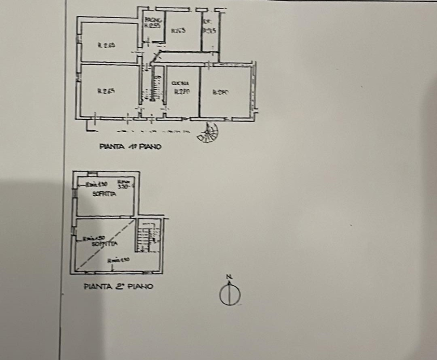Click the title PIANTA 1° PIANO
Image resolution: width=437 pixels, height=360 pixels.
tap(130, 147)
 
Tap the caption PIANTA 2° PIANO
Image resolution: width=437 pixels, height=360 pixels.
tap(118, 287)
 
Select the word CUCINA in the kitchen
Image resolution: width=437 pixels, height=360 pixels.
tap(179, 83)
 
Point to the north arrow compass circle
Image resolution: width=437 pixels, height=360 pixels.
tap(229, 295)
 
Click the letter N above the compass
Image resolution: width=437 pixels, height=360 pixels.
tap(229, 276)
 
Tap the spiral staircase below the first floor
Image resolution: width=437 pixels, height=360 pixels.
tap(208, 132)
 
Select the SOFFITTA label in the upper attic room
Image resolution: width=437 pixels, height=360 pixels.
tap(104, 194)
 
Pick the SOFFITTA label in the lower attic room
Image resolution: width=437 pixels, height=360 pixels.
tap(104, 243)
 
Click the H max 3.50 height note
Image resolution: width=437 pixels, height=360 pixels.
tap(123, 184)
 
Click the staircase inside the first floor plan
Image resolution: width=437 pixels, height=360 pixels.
tap(156, 89)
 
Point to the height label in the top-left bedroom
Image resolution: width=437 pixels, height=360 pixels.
tap(106, 45)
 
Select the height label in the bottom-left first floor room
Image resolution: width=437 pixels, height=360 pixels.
tap(106, 91)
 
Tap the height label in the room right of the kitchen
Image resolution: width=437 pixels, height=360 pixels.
tap(220, 91)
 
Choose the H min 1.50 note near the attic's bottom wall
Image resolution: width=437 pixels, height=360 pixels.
tap(118, 259)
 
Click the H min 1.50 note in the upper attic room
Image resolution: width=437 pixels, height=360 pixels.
tap(96, 184)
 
